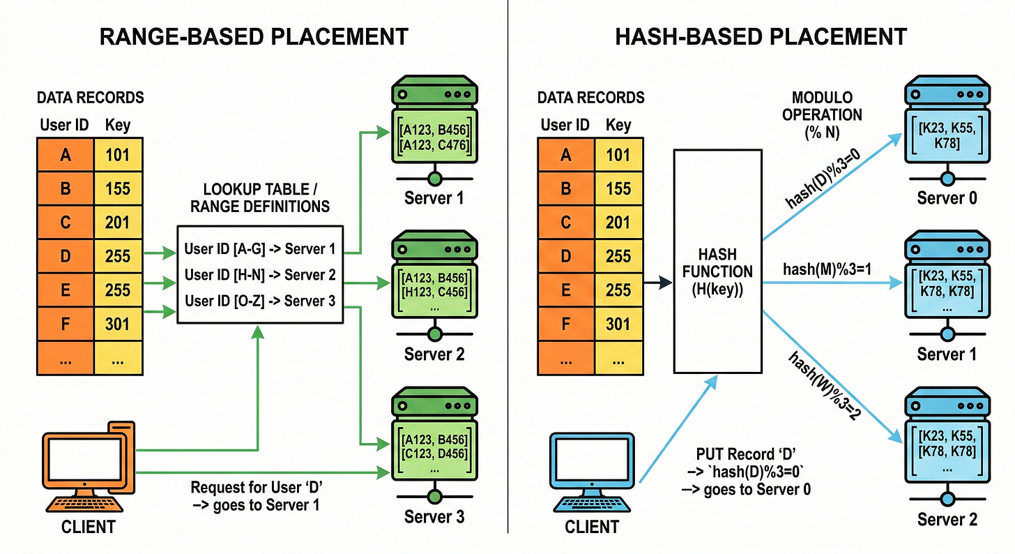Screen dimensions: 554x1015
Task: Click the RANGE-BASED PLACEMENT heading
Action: click(x=254, y=37)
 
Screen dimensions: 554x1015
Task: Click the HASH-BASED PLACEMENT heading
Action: click(x=761, y=37)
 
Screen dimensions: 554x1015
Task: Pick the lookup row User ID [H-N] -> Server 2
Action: click(x=260, y=275)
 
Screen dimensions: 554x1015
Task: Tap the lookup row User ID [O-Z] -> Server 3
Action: click(x=260, y=301)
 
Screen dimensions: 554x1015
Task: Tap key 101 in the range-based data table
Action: click(x=117, y=154)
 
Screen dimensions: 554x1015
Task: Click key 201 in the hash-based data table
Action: click(x=618, y=222)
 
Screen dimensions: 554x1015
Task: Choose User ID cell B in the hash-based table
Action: click(x=565, y=188)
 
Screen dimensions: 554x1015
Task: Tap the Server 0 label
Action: click(x=947, y=198)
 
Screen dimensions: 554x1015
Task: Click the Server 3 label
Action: click(x=434, y=517)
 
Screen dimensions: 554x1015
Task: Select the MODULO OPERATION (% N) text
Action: click(x=827, y=114)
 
